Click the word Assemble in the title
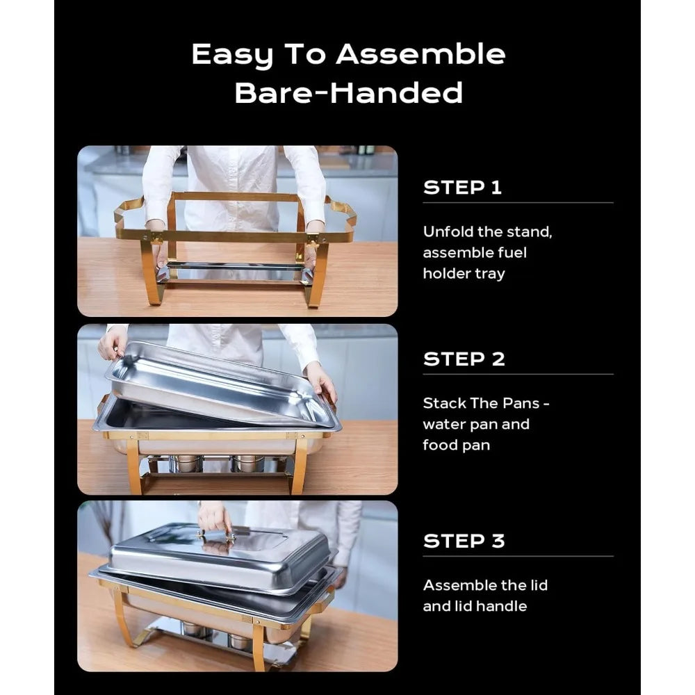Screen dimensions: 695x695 [x=420, y=54]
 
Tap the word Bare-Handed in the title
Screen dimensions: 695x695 [x=348, y=92]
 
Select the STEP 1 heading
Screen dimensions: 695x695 [x=462, y=188]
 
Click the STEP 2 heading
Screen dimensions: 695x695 [x=464, y=359]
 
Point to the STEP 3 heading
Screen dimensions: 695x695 [x=464, y=541]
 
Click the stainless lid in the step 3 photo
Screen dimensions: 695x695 [x=222, y=556]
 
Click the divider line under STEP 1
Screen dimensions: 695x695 [x=518, y=202]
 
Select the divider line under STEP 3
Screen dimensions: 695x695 [x=518, y=556]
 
